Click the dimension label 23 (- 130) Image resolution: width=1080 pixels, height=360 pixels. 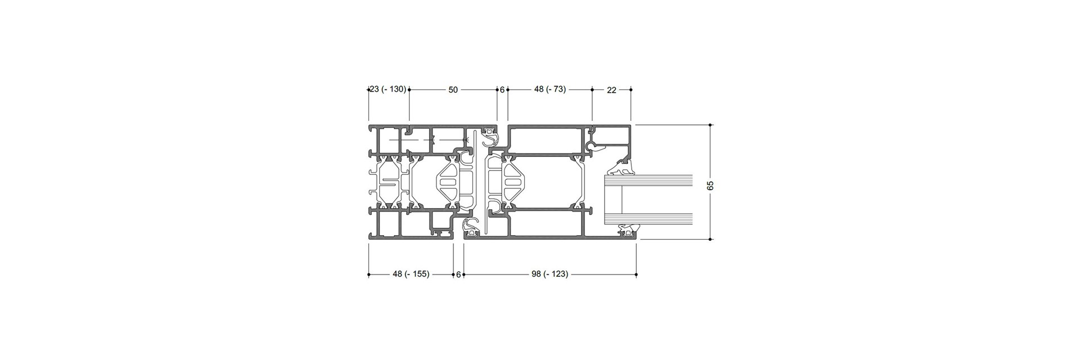click(388, 89)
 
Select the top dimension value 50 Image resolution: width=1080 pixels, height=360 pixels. click(453, 89)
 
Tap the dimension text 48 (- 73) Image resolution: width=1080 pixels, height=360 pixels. click(550, 89)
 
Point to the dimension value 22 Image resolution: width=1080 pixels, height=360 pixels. click(611, 89)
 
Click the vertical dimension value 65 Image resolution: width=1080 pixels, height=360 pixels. click(710, 186)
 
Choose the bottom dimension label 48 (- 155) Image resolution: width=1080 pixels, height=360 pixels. click(411, 274)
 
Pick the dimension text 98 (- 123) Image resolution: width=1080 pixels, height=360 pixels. click(550, 274)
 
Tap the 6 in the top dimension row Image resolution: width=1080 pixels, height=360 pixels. click(502, 89)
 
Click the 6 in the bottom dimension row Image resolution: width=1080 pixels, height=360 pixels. click(458, 274)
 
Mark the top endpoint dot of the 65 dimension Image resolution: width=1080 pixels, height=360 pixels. click(711, 124)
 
